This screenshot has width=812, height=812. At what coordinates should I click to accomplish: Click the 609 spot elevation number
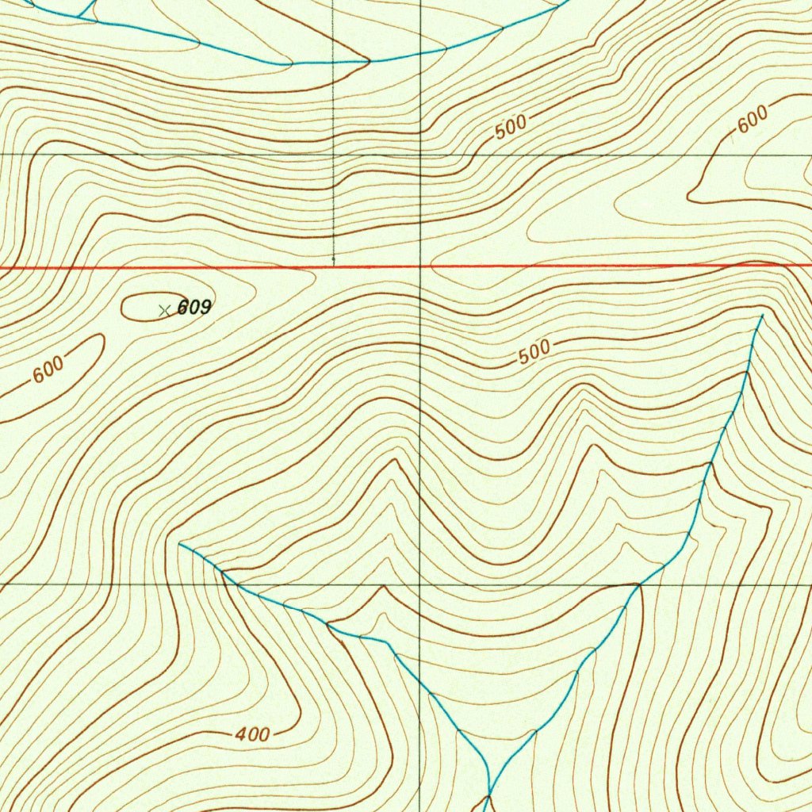coord(194,308)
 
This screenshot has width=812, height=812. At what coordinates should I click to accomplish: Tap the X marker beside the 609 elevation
coord(164,310)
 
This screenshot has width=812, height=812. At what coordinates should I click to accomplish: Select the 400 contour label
coord(252,735)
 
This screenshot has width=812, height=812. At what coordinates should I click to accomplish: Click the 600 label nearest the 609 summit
coord(48,370)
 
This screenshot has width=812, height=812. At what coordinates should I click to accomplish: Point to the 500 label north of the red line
coord(511,128)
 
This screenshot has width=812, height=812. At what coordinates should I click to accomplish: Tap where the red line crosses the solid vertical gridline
coord(419,266)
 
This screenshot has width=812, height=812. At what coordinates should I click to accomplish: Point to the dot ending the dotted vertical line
coord(333,259)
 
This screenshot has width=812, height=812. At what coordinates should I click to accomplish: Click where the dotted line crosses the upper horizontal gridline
coord(333,154)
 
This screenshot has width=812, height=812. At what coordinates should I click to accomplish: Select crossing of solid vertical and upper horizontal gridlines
coord(419,154)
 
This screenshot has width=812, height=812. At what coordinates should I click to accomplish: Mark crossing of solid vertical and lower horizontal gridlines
coord(419,585)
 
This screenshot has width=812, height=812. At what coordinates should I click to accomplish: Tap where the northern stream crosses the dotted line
coord(333,62)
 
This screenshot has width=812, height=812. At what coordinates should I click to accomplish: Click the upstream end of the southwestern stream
coord(180,544)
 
